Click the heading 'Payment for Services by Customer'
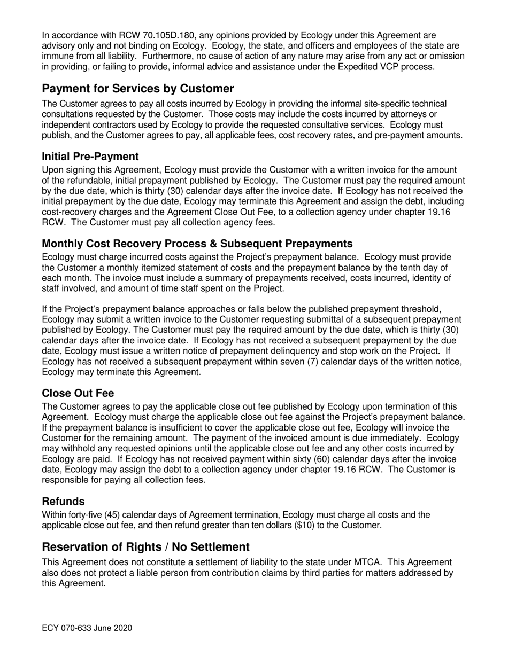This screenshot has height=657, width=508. [138, 89]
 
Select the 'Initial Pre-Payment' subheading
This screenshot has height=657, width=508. [90, 157]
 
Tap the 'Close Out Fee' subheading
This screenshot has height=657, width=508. [78, 394]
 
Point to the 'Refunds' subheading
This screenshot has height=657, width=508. [63, 502]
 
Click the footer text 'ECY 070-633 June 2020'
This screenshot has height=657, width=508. [87, 628]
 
